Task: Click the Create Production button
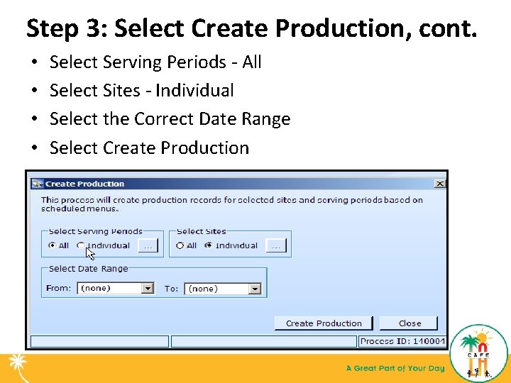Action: tap(324, 323)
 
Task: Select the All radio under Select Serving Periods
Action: tap(52, 246)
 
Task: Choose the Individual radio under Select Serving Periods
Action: tap(81, 246)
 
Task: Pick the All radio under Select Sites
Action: tap(180, 246)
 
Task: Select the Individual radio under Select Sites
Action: tap(208, 246)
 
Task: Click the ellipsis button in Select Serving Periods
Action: tap(147, 246)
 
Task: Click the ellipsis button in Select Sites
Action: tap(275, 246)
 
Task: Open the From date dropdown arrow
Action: tap(147, 289)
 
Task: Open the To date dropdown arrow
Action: tap(255, 289)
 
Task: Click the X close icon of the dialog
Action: tap(439, 184)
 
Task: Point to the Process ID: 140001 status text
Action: tap(402, 341)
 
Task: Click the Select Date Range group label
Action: tap(88, 269)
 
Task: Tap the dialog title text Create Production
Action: tap(84, 184)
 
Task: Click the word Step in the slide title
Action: tap(49, 28)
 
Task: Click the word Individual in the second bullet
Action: tap(194, 91)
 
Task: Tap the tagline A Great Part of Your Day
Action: tap(395, 368)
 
